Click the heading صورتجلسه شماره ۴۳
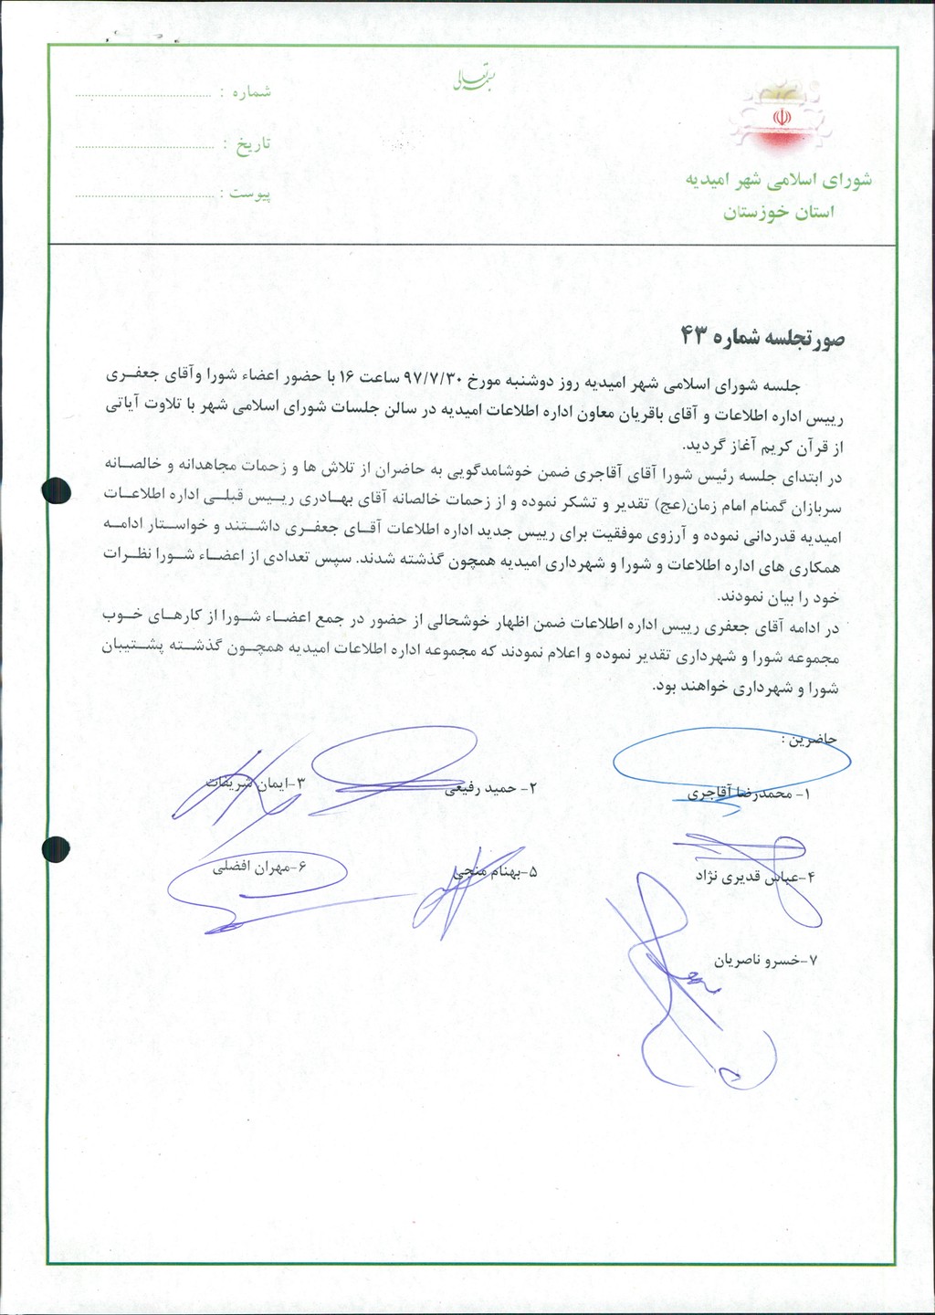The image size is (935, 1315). (762, 337)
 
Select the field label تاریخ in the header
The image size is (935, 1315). (253, 144)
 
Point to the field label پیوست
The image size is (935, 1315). (249, 195)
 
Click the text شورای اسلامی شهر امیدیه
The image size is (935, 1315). (779, 180)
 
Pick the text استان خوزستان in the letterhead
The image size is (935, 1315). (779, 213)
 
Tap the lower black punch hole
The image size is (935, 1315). (57, 848)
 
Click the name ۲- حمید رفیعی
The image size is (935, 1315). (491, 788)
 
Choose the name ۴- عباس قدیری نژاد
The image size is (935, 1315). (754, 878)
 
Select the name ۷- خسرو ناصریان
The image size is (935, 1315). (767, 961)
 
